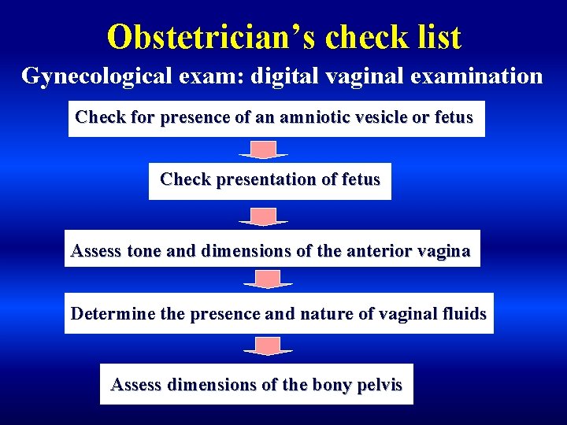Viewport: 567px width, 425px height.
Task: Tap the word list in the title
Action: [435, 36]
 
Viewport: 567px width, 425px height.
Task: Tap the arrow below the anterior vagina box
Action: [268, 279]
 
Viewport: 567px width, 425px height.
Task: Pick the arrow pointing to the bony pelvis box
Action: [268, 346]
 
